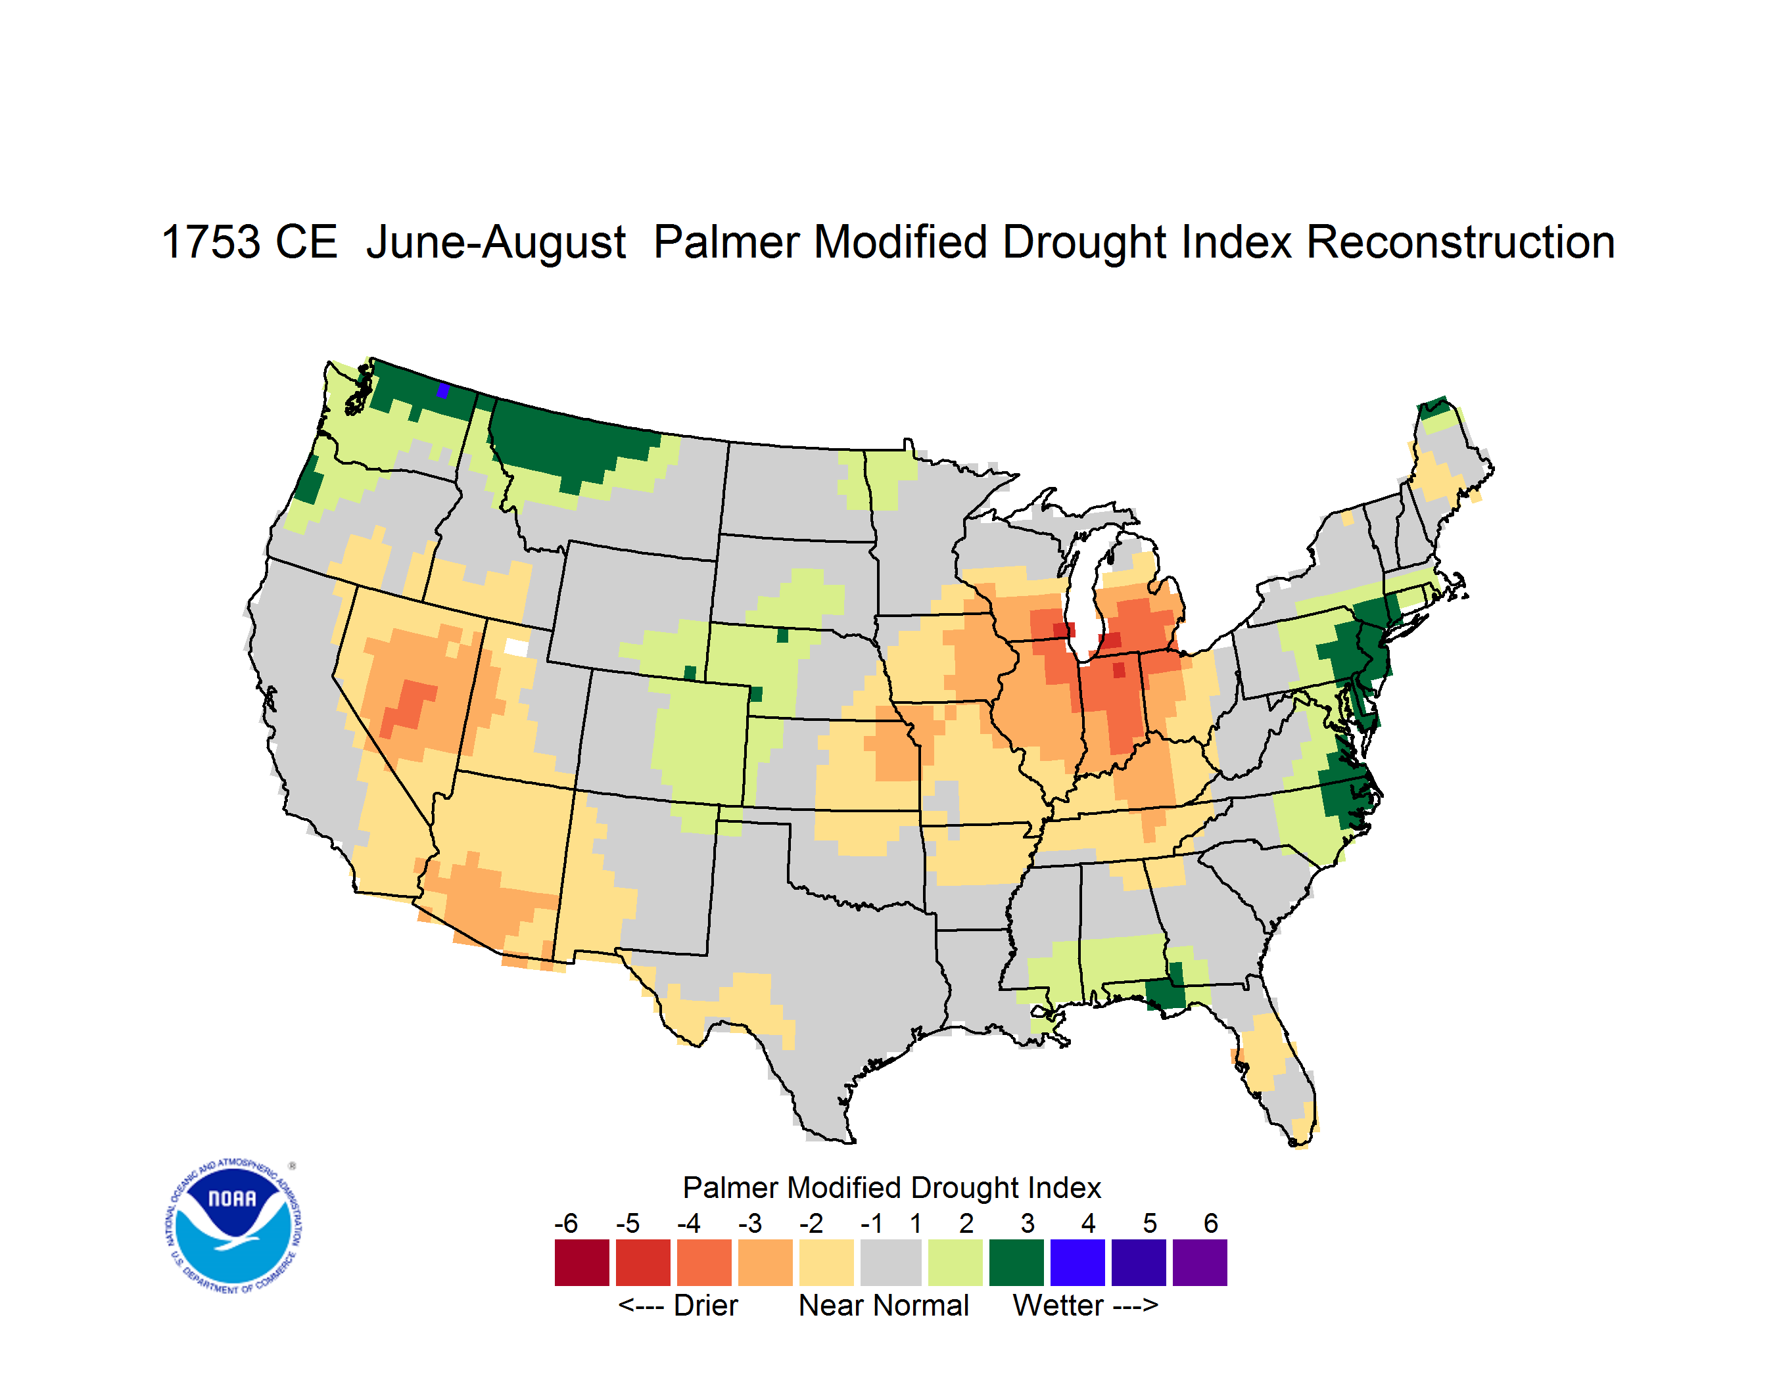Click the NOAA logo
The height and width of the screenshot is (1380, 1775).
[x=233, y=1226]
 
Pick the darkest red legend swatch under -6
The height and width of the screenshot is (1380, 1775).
[x=582, y=1262]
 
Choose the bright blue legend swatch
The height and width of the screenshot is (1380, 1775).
[x=1077, y=1262]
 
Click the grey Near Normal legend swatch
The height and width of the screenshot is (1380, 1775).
[x=891, y=1262]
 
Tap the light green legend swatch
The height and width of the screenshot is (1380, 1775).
[x=955, y=1262]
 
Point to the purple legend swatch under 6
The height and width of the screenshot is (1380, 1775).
[x=1200, y=1262]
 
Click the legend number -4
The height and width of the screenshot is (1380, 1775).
[x=688, y=1223]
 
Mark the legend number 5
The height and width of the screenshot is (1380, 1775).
[x=1150, y=1223]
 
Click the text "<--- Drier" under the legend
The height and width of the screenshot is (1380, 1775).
[x=678, y=1305]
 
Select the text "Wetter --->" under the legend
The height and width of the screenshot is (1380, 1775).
[x=1085, y=1305]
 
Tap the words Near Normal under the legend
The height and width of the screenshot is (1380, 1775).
[x=884, y=1305]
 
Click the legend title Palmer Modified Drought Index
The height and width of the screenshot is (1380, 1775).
[x=891, y=1187]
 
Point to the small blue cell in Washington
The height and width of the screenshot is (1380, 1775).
[x=443, y=391]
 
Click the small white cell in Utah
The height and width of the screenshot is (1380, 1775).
[x=516, y=647]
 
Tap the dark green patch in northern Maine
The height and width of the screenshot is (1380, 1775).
[x=1435, y=407]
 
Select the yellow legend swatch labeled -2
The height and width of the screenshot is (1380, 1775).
[x=826, y=1262]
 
